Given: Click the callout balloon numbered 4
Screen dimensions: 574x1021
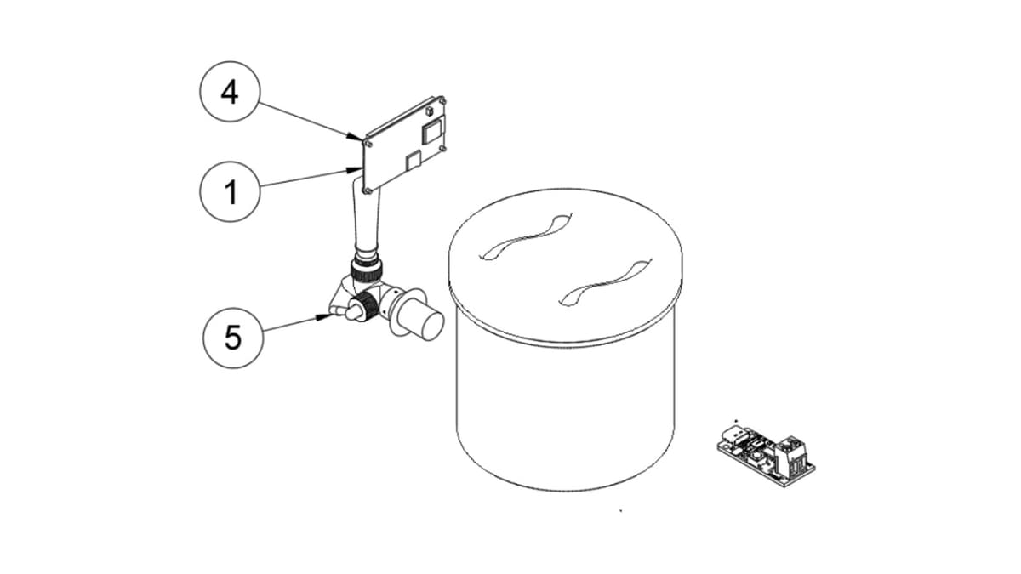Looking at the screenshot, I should click(x=230, y=92).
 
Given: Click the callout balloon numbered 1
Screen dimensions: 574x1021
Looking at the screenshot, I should click(x=230, y=193).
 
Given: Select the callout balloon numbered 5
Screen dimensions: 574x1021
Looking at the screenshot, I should click(x=232, y=338).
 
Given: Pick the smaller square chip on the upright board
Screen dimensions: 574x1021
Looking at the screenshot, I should click(x=414, y=158).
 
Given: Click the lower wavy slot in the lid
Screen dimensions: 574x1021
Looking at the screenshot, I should click(x=601, y=283).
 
